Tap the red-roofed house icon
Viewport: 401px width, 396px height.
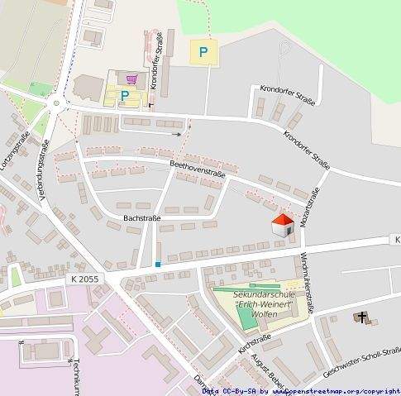coord(283,225)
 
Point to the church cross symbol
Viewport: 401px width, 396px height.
coord(361,317)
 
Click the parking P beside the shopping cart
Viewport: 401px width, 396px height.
coord(125,96)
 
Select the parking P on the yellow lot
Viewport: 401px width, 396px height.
coord(203,54)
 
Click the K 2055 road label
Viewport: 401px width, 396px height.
coord(84,279)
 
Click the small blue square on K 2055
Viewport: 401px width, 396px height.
coord(157,265)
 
